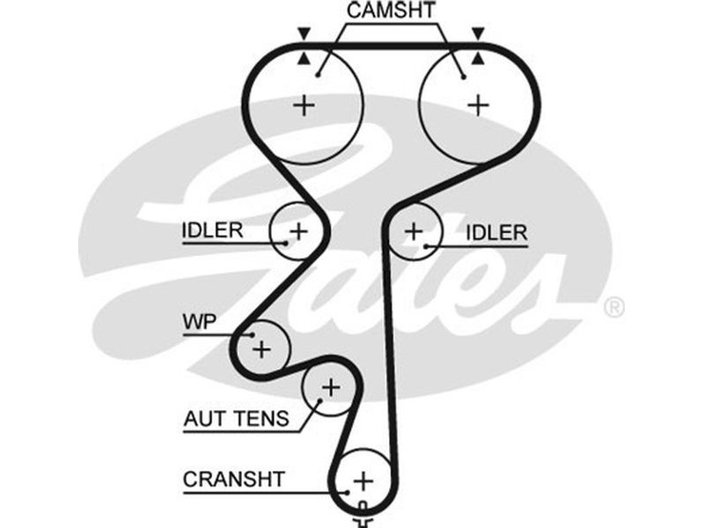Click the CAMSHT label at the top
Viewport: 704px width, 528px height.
tap(390, 11)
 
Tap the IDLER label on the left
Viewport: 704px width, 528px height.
tap(212, 231)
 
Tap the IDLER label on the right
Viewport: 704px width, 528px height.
tap(496, 232)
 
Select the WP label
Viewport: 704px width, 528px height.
tap(199, 321)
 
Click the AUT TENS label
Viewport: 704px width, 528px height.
tap(236, 419)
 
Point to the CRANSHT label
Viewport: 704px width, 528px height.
tap(234, 480)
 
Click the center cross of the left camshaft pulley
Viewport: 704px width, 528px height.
tap(304, 106)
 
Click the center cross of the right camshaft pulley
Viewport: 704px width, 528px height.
tap(478, 106)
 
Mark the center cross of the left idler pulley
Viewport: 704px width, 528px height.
tap(299, 231)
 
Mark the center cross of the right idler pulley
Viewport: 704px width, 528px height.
tap(414, 231)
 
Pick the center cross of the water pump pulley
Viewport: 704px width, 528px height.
tap(261, 349)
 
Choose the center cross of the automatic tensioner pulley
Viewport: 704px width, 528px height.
tap(330, 386)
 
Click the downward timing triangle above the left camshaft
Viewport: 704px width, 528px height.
tap(304, 33)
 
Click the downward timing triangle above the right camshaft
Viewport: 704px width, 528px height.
tap(478, 33)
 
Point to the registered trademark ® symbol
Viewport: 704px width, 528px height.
tap(614, 307)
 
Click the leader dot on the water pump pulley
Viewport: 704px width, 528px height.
tap(252, 335)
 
